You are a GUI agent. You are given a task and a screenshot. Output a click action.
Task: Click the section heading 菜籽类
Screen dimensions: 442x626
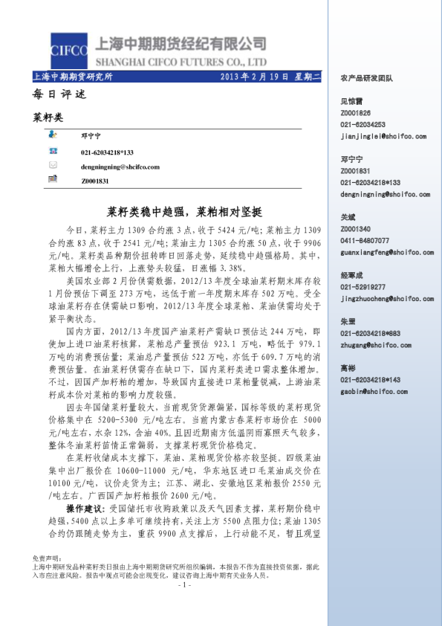click(x=49, y=117)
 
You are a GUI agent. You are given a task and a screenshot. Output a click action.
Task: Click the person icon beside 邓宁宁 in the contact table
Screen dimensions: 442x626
click(x=53, y=135)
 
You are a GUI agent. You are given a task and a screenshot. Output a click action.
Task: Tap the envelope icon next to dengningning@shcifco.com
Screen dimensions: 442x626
click(x=53, y=165)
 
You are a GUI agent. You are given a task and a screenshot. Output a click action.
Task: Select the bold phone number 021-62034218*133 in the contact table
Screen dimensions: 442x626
click(x=107, y=152)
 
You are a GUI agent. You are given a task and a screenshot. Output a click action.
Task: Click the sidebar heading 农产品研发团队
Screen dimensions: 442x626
click(x=366, y=77)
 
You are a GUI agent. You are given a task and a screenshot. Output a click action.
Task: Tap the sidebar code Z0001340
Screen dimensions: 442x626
click(x=355, y=229)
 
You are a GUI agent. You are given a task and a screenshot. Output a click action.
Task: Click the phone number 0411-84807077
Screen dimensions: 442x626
click(x=364, y=241)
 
